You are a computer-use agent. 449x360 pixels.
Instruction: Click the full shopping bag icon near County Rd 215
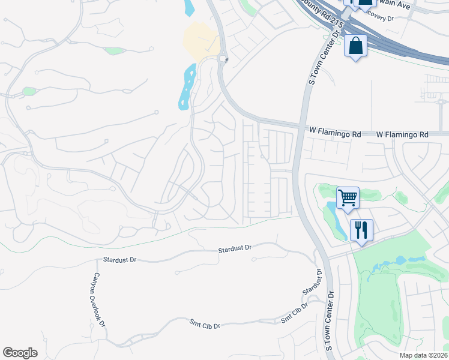tap(355, 46)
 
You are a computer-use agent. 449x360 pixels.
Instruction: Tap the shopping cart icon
tap(348, 197)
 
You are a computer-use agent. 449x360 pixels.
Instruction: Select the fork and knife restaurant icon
tap(361, 230)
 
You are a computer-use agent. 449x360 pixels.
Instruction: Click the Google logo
tap(20, 353)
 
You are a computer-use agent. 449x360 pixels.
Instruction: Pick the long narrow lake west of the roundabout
tap(187, 86)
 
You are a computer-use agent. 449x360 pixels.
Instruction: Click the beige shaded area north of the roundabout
tap(200, 39)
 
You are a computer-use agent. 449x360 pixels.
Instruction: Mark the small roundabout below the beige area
tap(223, 59)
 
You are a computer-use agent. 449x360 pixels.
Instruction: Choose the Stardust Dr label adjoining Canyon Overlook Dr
tap(119, 260)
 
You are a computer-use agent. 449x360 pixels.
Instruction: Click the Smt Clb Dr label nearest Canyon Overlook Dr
tap(205, 325)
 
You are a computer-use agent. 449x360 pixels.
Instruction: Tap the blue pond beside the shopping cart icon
tap(334, 216)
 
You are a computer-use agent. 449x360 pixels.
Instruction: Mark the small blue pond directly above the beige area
tap(190, 7)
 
